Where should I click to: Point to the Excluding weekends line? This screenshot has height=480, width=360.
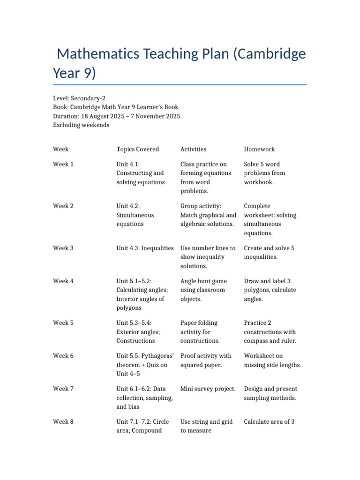81,125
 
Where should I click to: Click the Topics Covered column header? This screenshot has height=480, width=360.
137,149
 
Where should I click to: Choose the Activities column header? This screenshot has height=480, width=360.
193,149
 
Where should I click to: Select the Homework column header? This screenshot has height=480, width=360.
259,149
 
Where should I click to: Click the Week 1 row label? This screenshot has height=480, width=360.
63,164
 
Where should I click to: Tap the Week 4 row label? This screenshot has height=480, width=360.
63,281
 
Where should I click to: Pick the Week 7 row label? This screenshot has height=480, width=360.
63,389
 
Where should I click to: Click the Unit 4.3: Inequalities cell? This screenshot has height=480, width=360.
145,248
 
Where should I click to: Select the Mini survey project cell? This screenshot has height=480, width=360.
208,389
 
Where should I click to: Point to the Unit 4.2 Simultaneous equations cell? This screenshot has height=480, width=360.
135,215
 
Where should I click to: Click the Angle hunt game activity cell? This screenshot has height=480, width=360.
203,290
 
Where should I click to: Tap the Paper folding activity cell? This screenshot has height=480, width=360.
200,332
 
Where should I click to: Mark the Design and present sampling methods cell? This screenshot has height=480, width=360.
270,393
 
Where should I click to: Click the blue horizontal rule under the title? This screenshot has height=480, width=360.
180,85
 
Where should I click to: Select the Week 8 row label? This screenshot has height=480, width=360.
63,421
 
